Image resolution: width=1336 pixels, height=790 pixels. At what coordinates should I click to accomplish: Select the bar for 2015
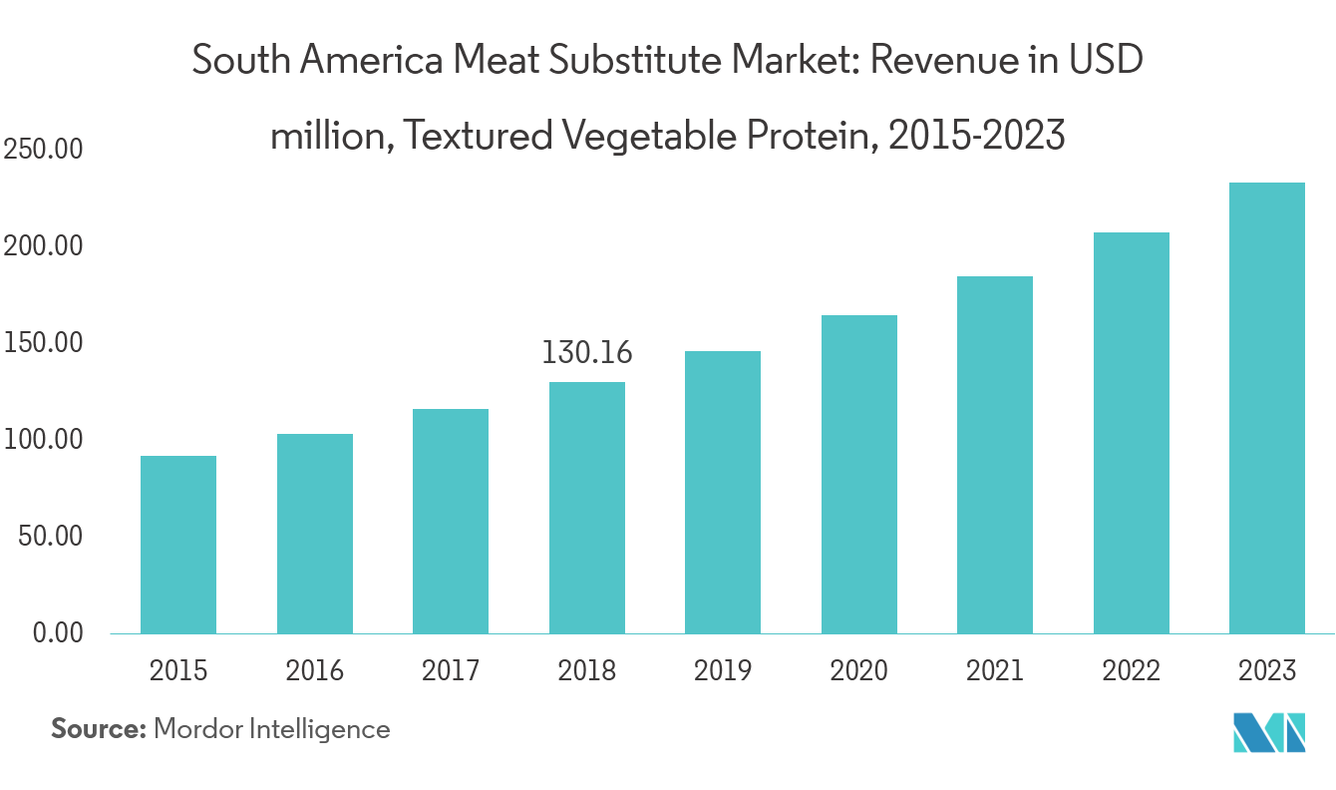(178, 544)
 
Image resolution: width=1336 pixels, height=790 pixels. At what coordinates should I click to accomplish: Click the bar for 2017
(451, 521)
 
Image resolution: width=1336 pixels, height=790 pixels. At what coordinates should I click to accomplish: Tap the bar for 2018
(587, 507)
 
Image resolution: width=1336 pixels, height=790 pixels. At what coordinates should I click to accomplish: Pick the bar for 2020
(859, 474)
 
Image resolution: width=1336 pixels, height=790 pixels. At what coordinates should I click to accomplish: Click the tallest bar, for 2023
(1267, 407)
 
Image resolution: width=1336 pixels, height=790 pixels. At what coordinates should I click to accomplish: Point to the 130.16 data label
(587, 352)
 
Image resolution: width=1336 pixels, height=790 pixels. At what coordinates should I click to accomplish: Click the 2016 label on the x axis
(315, 670)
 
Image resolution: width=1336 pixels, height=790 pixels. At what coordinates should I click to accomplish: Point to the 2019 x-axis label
(723, 670)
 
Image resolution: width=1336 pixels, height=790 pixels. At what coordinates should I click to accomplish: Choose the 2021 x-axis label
(995, 670)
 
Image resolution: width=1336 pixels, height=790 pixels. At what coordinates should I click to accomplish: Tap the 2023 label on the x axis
(1267, 670)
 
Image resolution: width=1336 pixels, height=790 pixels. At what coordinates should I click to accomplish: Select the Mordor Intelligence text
(271, 729)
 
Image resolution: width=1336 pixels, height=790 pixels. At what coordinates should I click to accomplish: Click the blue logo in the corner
(1269, 733)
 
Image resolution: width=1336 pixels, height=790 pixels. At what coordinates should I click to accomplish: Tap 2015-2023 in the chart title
(976, 135)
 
